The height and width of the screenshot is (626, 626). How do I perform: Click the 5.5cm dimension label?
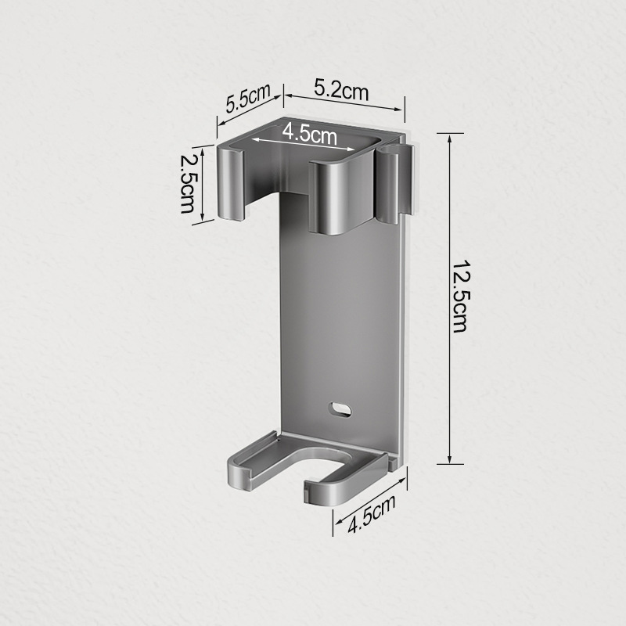(248, 98)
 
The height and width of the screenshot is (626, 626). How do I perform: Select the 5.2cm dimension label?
(341, 90)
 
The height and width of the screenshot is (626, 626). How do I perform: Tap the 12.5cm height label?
(460, 297)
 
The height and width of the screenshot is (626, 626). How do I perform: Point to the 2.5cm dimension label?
(187, 184)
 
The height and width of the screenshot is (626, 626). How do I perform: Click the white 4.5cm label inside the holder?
(310, 134)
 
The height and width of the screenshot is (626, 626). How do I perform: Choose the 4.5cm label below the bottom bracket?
(372, 514)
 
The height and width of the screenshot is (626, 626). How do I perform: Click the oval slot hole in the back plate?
(340, 409)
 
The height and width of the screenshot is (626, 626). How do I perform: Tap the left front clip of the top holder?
(231, 183)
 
